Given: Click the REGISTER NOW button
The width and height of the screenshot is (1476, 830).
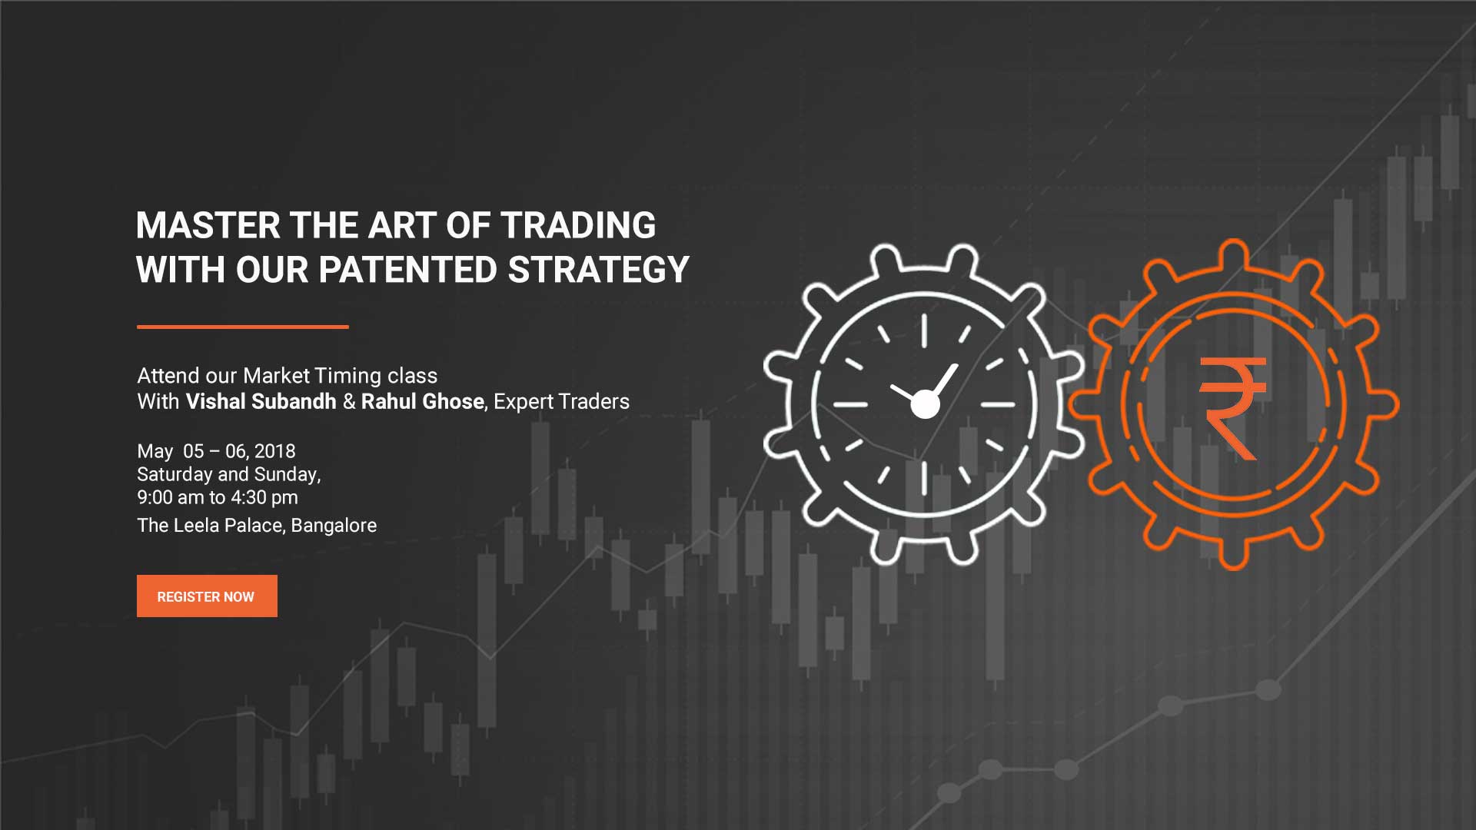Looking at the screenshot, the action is [x=207, y=596].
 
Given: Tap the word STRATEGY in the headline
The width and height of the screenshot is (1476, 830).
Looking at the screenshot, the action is [x=598, y=270].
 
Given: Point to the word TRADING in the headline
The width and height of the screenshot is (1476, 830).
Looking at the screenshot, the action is [x=578, y=226].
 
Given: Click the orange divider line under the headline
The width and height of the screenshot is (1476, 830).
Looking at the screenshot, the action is [x=243, y=327].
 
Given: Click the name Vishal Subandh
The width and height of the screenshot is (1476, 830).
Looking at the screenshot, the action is [x=261, y=401].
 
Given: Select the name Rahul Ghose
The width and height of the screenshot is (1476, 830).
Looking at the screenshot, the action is [x=423, y=401].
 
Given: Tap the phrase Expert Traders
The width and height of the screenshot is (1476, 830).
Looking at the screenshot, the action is [x=561, y=401].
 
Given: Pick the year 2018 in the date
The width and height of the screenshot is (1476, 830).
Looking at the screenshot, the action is [x=275, y=451].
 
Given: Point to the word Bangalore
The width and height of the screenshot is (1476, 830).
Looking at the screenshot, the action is [x=334, y=525].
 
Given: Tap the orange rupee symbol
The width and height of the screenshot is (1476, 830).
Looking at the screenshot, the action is [x=1232, y=408].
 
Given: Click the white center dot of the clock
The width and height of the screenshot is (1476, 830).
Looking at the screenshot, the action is [x=925, y=404].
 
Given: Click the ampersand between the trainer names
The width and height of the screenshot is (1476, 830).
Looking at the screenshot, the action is [x=349, y=401].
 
